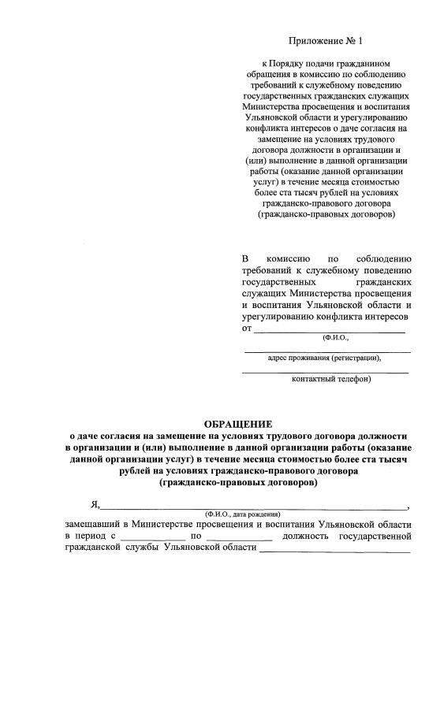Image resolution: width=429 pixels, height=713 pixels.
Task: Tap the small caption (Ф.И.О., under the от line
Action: pyautogui.click(x=335, y=337)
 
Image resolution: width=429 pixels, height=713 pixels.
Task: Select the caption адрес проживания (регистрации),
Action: pyautogui.click(x=325, y=358)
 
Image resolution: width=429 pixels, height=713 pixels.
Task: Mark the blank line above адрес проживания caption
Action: pyautogui.click(x=326, y=351)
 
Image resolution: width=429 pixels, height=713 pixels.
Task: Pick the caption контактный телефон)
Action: pyautogui.click(x=331, y=379)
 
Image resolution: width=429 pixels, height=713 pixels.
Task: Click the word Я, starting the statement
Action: pyautogui.click(x=94, y=505)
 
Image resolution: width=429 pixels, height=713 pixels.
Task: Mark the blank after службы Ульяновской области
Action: pyautogui.click(x=334, y=551)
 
